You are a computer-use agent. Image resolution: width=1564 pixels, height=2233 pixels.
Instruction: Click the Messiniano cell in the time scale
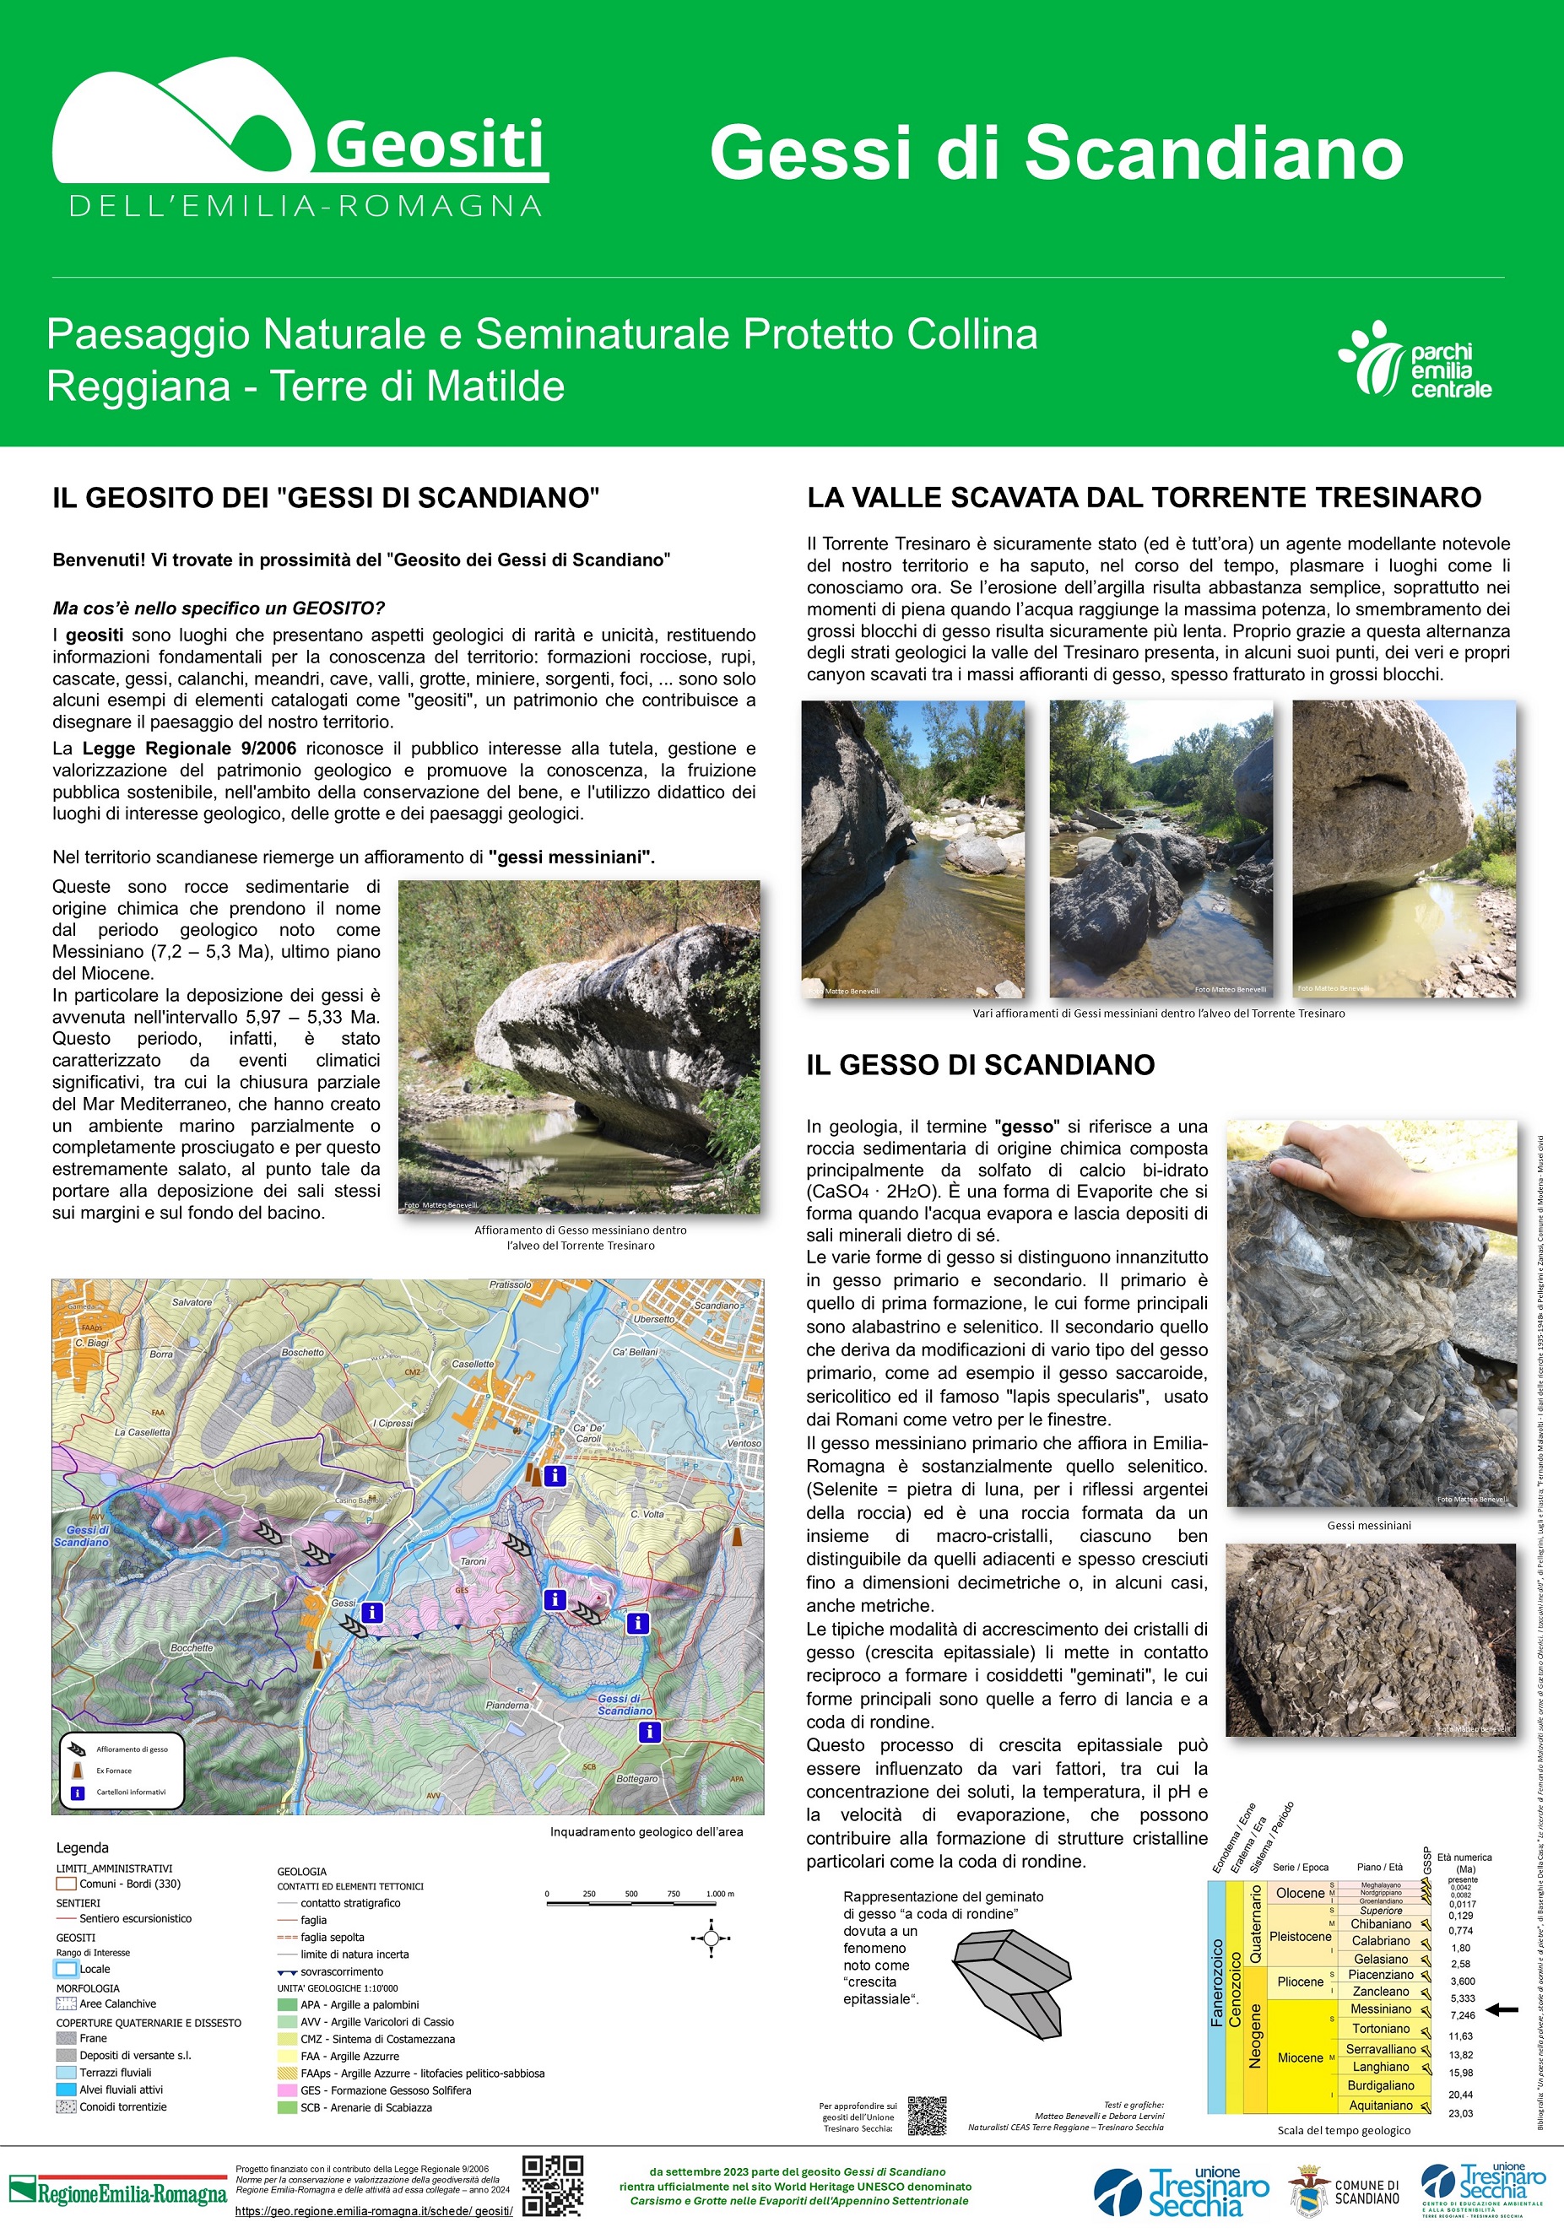[1380, 2009]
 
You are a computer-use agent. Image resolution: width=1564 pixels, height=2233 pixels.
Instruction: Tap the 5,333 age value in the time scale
[1462, 1998]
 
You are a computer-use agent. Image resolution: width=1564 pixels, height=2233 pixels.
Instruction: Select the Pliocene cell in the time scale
[1300, 1982]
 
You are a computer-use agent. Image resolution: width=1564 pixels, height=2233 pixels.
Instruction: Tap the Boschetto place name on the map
[302, 1352]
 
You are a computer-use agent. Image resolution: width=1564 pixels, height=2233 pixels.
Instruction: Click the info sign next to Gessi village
[371, 1614]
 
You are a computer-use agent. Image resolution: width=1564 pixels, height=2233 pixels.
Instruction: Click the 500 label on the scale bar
[631, 1894]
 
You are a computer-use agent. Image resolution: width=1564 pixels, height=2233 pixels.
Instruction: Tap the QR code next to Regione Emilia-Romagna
[553, 2186]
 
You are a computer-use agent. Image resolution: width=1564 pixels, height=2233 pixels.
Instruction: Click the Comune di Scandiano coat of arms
[1308, 2190]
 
